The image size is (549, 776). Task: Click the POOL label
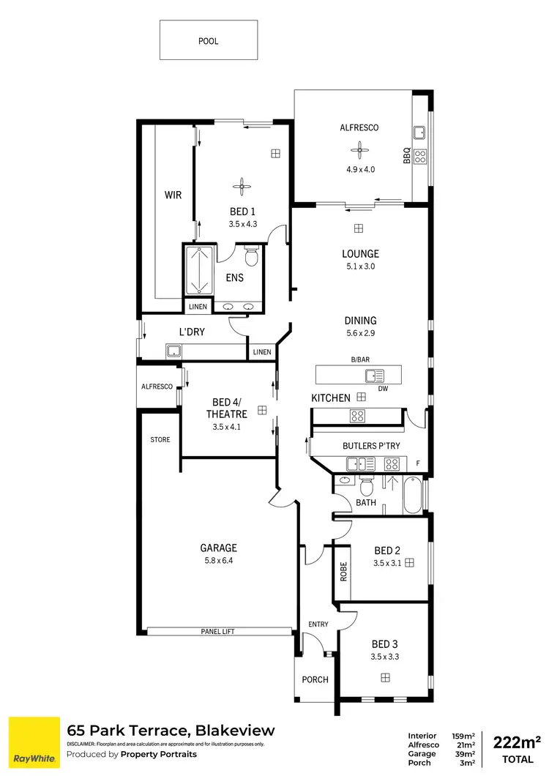tap(209, 41)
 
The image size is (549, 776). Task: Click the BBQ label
tap(407, 156)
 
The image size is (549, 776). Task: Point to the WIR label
tap(173, 195)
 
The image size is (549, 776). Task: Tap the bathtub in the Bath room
tap(412, 495)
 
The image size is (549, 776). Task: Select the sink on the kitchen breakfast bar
tap(374, 376)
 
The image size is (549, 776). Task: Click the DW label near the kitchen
tap(382, 389)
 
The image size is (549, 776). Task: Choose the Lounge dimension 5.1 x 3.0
tap(360, 266)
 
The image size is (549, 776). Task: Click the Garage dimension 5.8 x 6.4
tap(220, 561)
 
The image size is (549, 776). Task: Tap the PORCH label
tap(315, 679)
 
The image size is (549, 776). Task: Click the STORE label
tap(160, 440)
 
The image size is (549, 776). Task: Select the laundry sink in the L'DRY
tap(173, 351)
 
